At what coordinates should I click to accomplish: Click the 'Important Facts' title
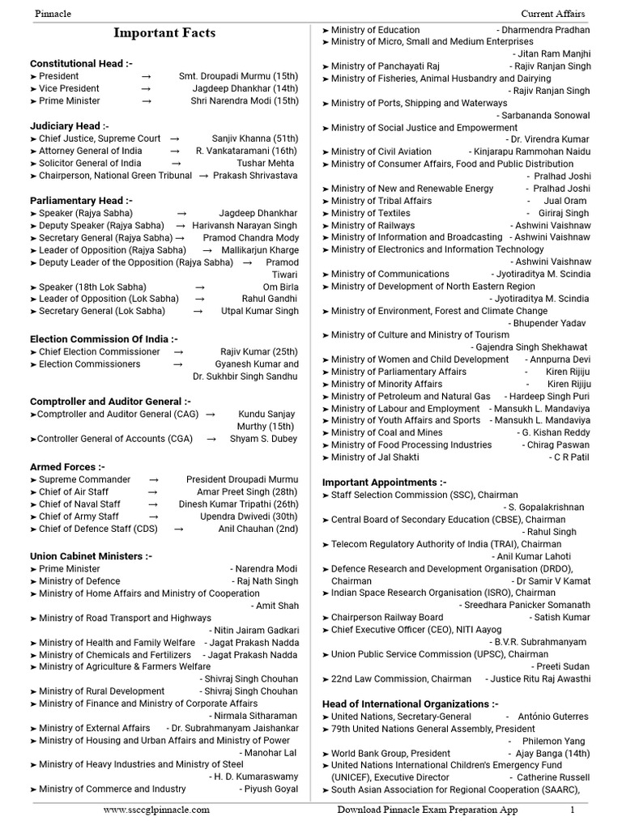[164, 33]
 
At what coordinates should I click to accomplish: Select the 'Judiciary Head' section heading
[69, 126]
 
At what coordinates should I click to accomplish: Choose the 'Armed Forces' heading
[67, 467]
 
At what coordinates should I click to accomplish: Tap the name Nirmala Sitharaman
[253, 716]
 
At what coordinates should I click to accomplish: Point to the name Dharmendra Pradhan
[543, 30]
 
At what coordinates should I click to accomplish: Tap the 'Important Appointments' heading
[384, 483]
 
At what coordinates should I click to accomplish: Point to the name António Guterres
[558, 716]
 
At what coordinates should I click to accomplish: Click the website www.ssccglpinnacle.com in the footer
[156, 810]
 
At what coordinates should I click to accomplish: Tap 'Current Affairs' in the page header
[553, 14]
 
